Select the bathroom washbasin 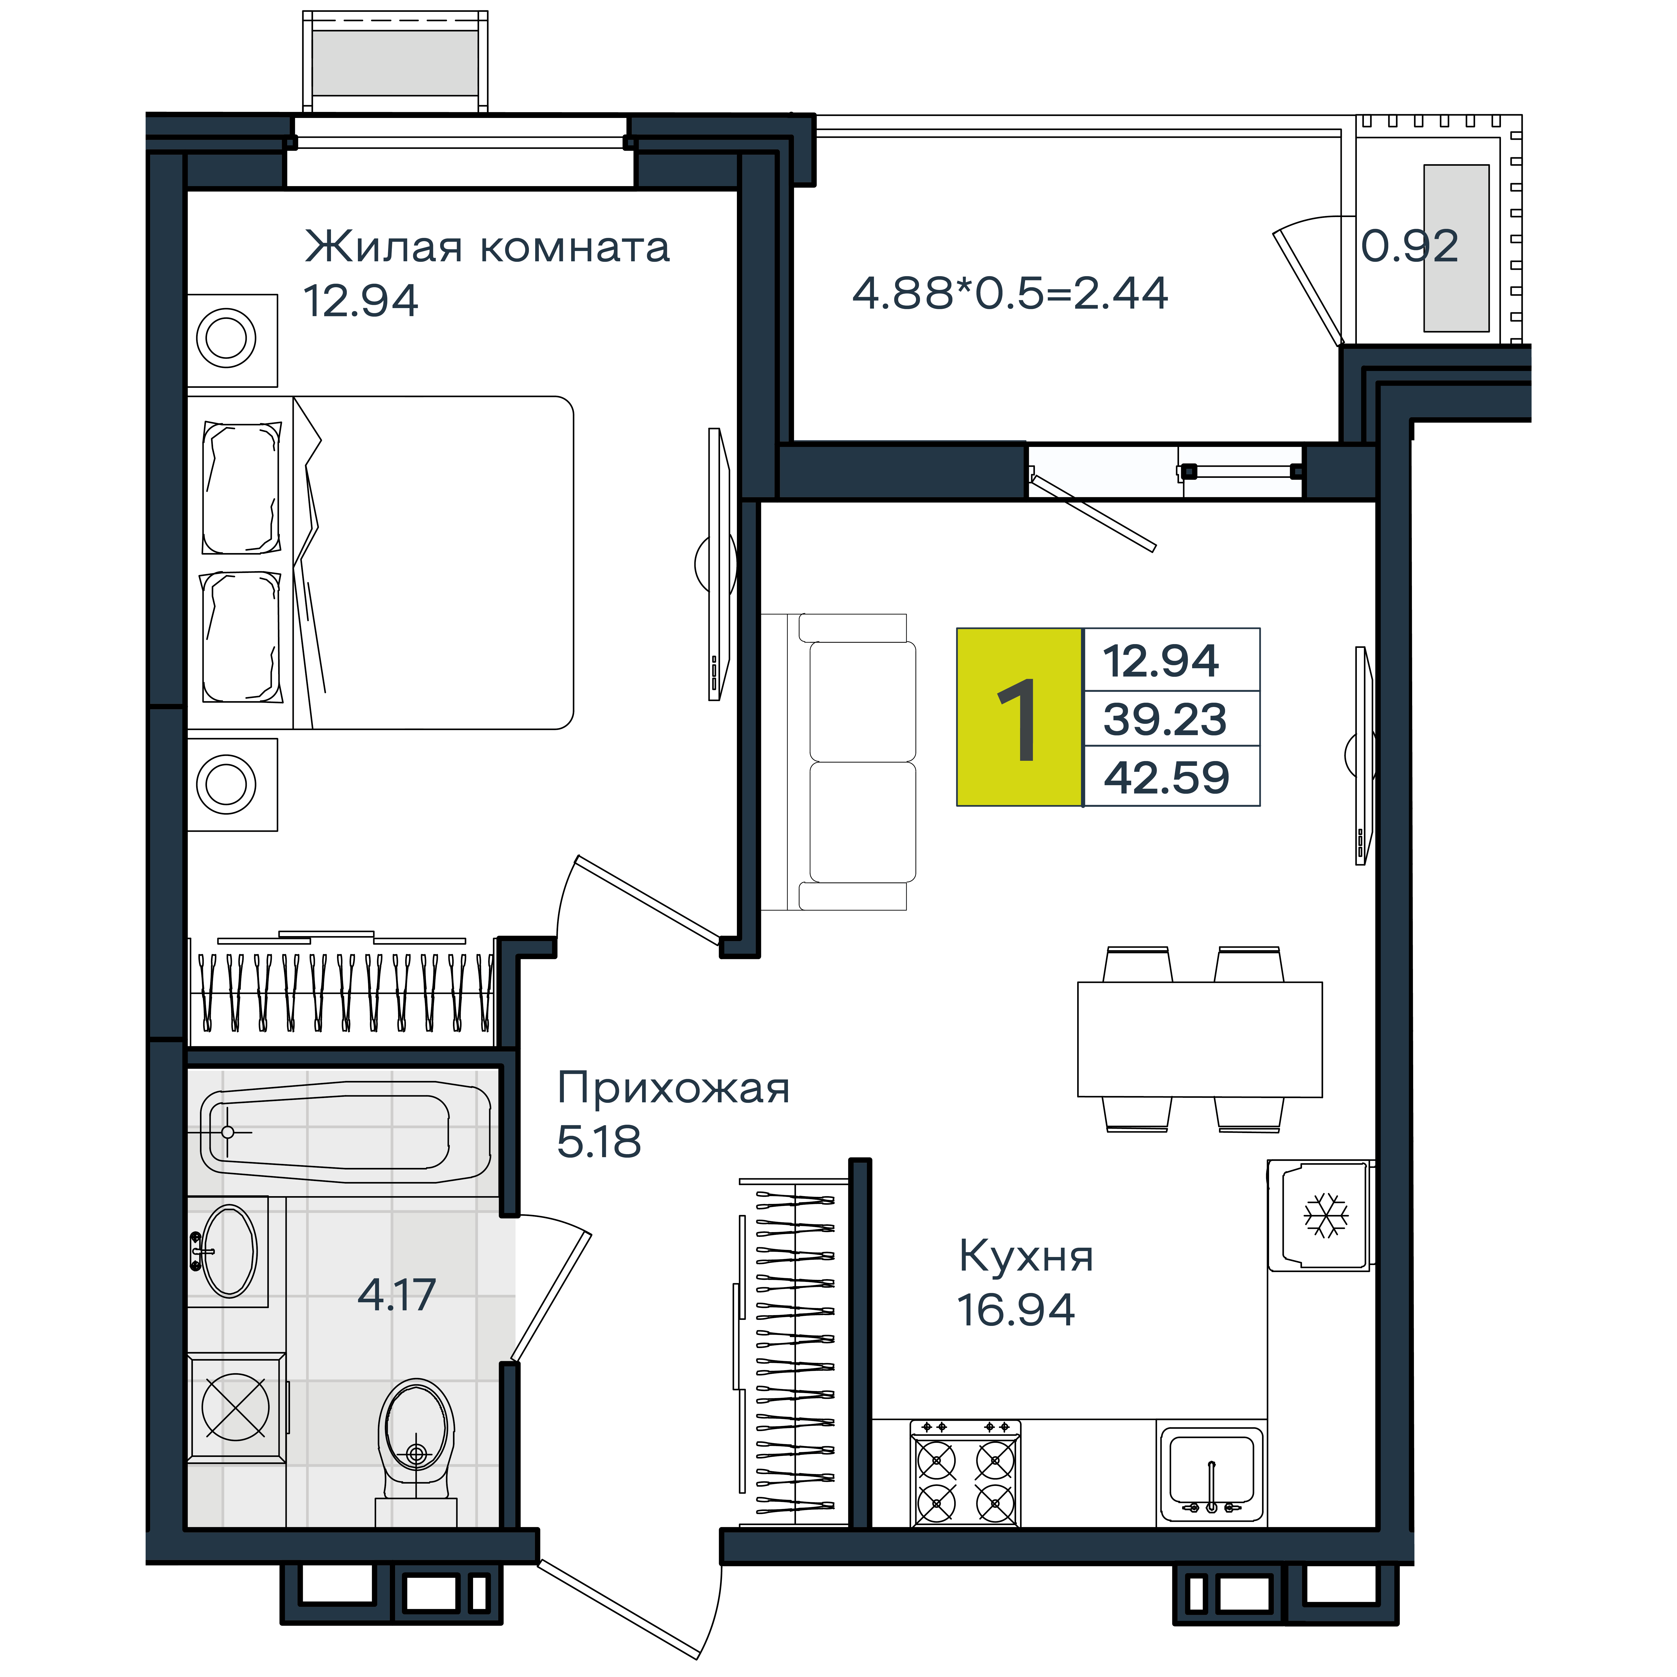pos(227,1251)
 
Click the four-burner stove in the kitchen pos(965,1473)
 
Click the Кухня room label pos(1026,1256)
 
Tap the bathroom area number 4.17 pos(397,1295)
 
